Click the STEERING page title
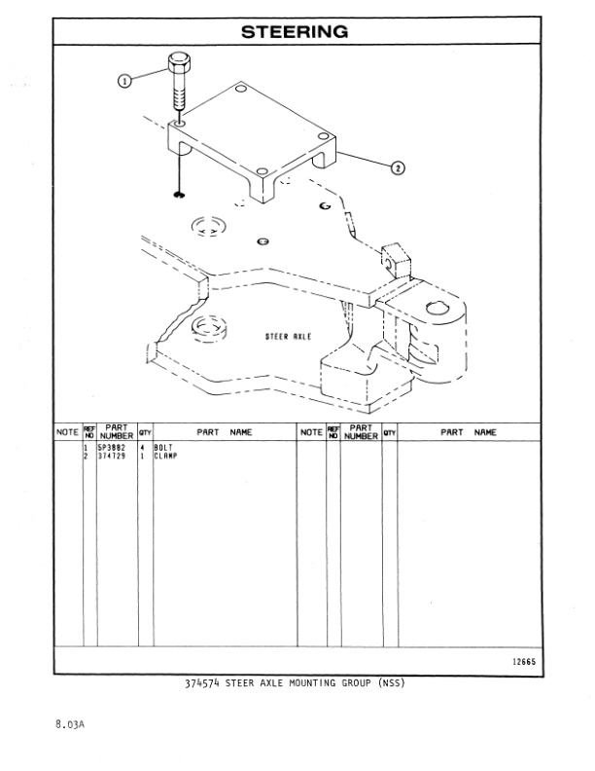pos(295,32)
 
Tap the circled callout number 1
pos(124,81)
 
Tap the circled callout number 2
pos(397,166)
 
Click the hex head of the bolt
pos(178,65)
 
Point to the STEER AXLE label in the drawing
pos(288,336)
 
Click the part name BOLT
pos(162,448)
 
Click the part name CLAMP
pos(164,456)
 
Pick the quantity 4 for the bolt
pos(143,448)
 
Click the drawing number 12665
pos(524,663)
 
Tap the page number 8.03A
pos(70,724)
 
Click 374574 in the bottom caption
pos(203,682)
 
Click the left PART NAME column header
pos(225,431)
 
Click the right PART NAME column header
pos(469,431)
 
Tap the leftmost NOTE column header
pos(67,431)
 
